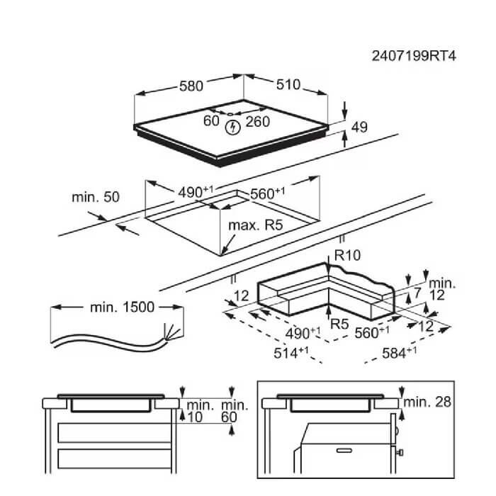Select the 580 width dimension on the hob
191,86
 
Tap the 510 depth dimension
287,85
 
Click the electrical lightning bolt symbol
232,127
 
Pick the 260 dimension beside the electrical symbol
258,122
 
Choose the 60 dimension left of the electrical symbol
211,121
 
